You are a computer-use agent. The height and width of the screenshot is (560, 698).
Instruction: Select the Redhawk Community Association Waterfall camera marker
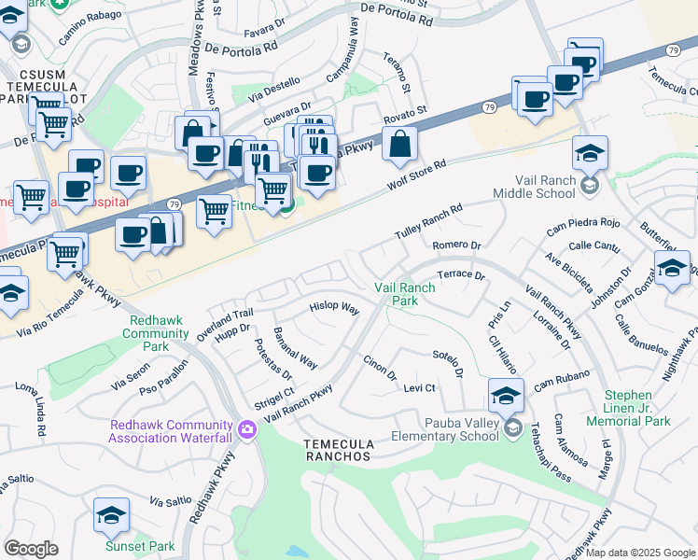pyautogui.click(x=247, y=429)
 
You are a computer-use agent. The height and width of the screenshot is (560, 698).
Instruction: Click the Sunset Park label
pyautogui.click(x=122, y=546)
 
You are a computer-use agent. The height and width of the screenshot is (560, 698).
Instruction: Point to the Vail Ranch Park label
pyautogui.click(x=404, y=295)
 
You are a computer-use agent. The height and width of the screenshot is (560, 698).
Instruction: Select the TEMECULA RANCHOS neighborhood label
pyautogui.click(x=339, y=450)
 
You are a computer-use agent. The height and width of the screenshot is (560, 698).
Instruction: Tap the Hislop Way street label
pyautogui.click(x=334, y=307)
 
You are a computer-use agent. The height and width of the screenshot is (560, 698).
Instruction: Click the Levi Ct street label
pyautogui.click(x=420, y=387)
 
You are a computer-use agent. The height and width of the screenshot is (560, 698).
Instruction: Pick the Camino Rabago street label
pyautogui.click(x=90, y=35)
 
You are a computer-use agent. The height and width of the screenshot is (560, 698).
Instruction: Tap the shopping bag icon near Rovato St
pyautogui.click(x=399, y=144)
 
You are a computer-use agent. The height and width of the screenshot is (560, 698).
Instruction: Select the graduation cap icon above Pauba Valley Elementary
pyautogui.click(x=505, y=396)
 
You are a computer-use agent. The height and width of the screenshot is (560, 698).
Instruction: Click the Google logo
pyautogui.click(x=31, y=549)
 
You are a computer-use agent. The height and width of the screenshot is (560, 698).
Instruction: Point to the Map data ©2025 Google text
pyautogui.click(x=641, y=553)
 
